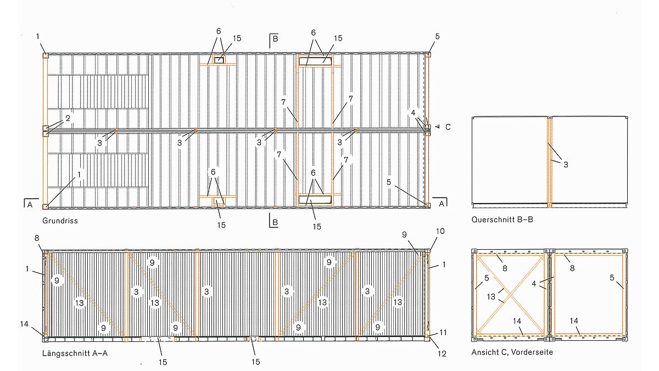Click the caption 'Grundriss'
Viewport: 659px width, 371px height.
[60, 221]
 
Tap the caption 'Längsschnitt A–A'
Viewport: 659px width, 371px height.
[75, 353]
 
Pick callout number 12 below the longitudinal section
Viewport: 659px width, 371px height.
[442, 353]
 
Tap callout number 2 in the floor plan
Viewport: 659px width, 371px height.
[68, 118]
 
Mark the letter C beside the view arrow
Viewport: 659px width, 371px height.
[448, 127]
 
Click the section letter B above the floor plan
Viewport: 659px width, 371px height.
[275, 39]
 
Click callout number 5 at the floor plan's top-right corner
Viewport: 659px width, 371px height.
[437, 36]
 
